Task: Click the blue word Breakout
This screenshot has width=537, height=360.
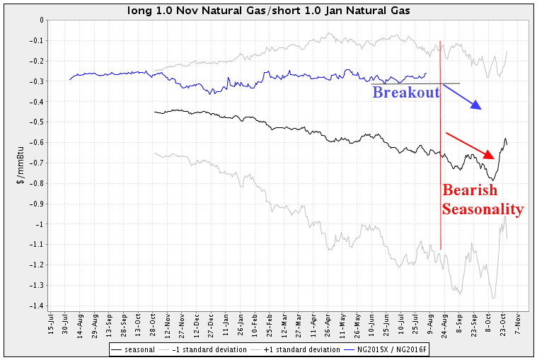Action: click(x=406, y=93)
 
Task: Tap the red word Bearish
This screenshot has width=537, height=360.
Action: click(x=470, y=190)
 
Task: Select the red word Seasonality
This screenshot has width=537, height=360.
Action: click(x=483, y=209)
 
